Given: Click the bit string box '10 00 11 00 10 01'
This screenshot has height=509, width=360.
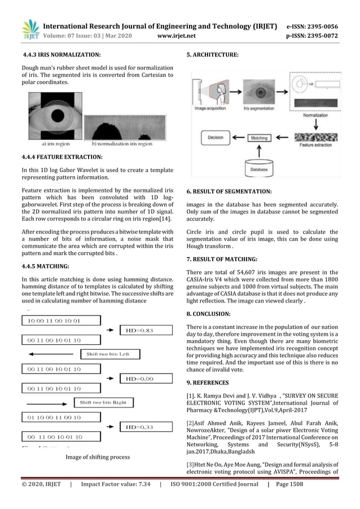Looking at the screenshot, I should [x=54, y=321].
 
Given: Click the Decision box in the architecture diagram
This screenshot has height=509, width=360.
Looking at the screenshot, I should [x=215, y=137].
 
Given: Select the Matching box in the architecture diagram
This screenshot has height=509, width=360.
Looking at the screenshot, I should [x=259, y=137].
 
